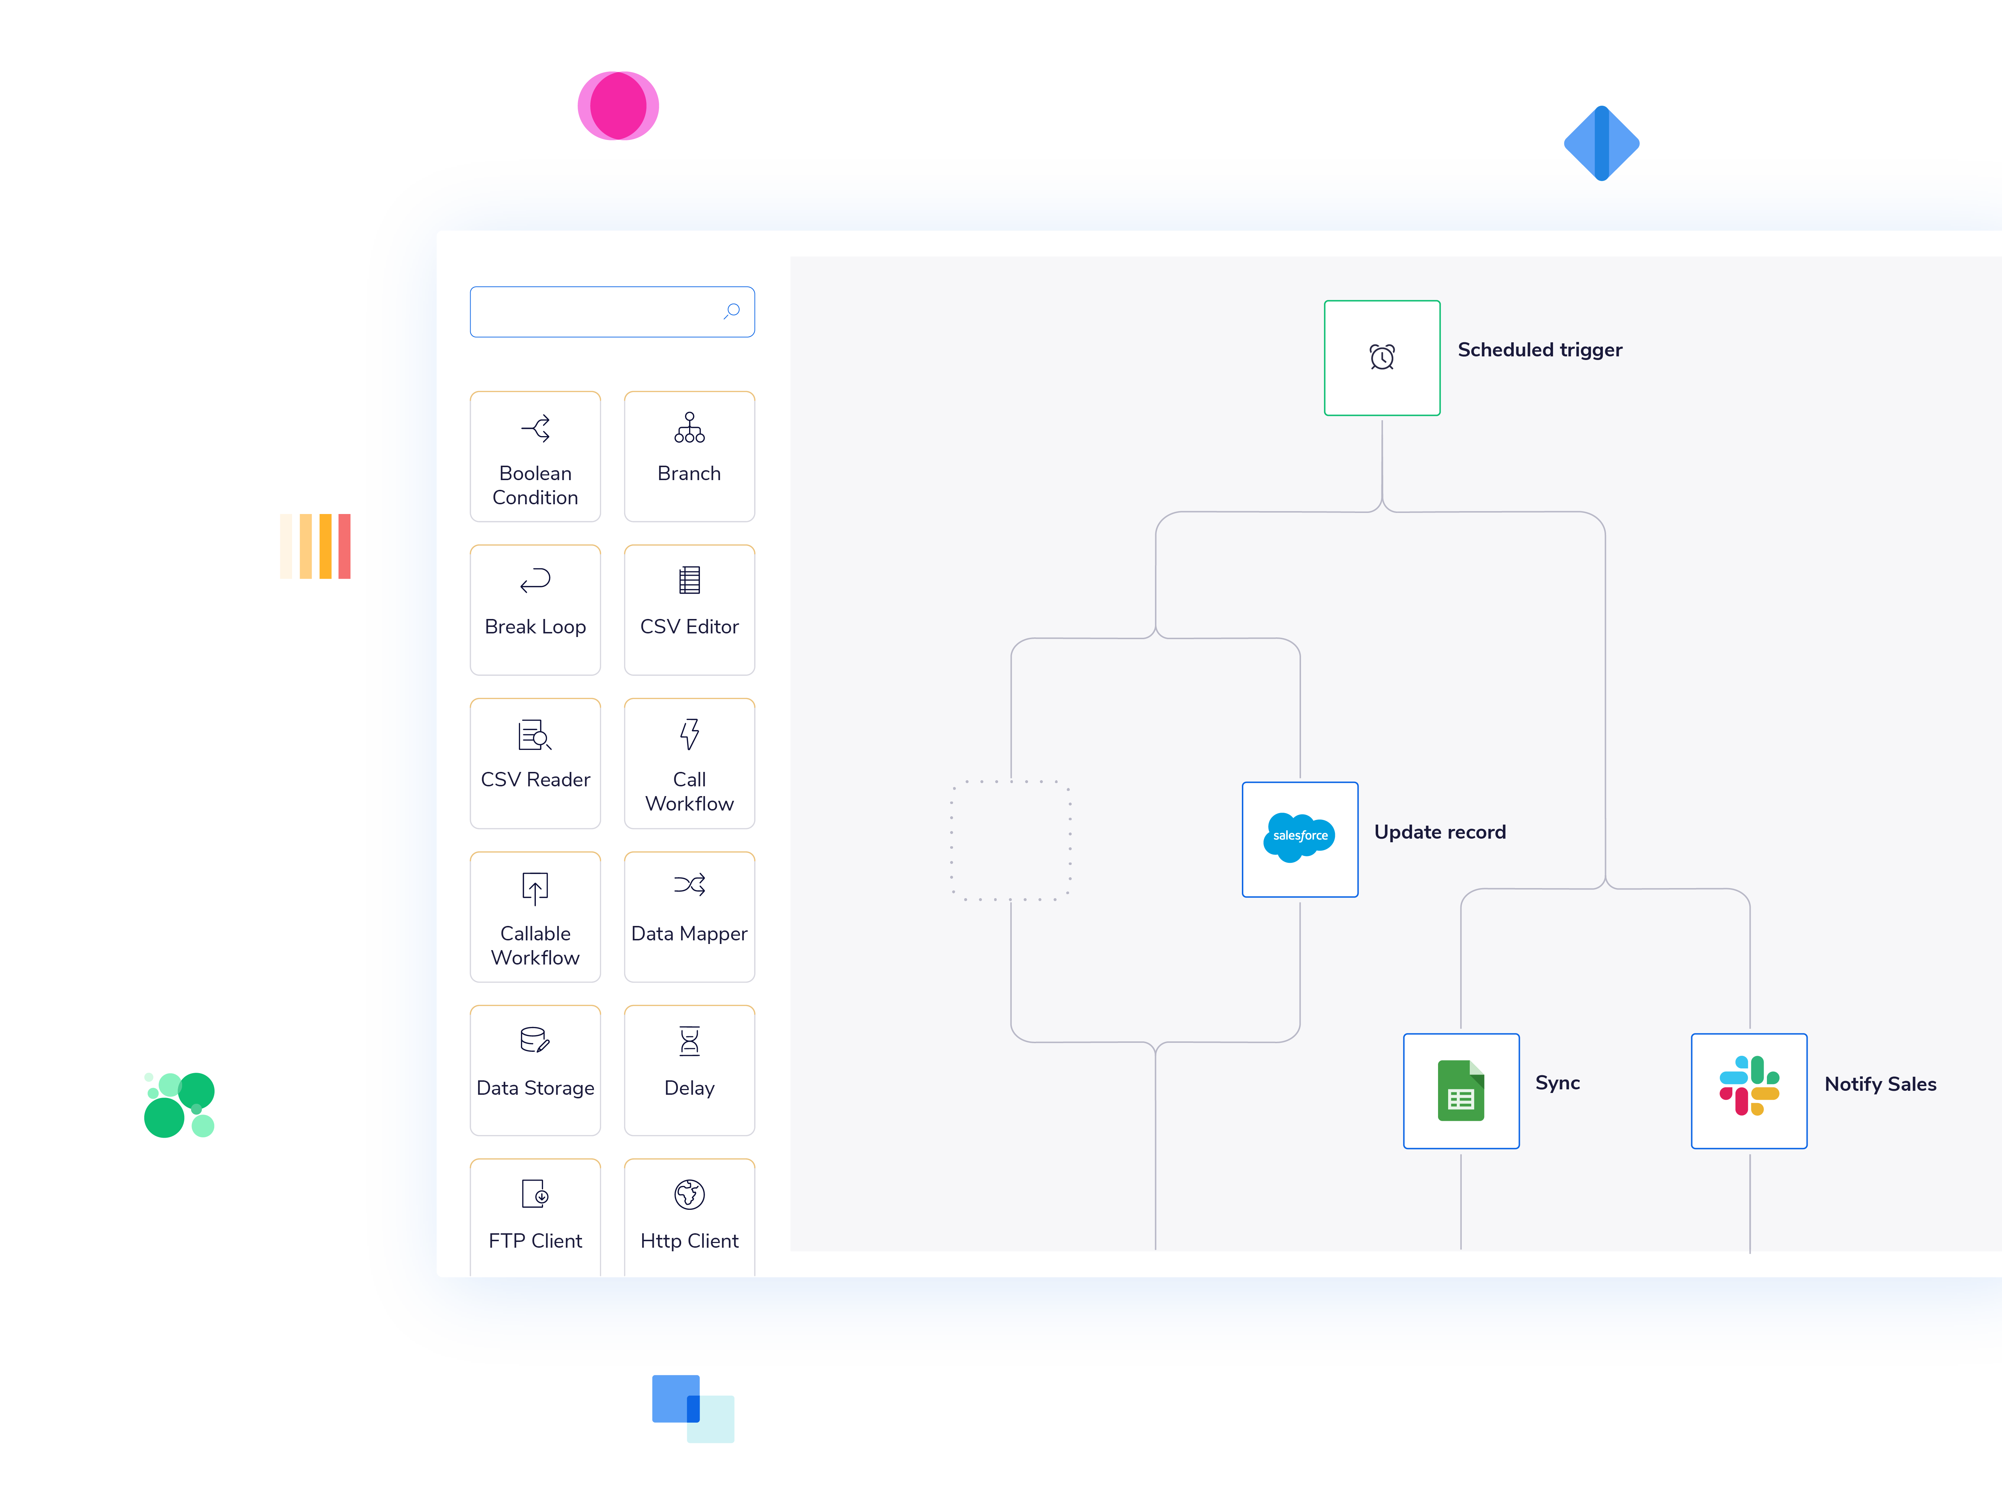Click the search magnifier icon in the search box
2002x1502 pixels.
point(732,311)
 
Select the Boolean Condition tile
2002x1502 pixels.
point(535,457)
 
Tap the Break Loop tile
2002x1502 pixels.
point(535,610)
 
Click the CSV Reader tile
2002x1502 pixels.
point(535,763)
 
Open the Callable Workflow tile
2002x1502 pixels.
point(535,917)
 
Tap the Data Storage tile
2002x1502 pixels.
point(535,1070)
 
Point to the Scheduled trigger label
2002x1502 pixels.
point(1539,350)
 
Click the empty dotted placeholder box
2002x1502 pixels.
point(1010,840)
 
